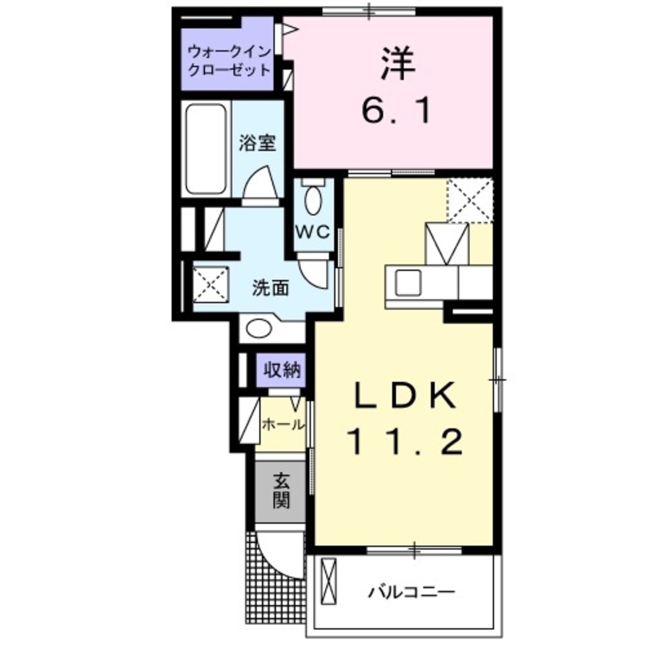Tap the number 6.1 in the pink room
click(395, 114)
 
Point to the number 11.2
click(405, 442)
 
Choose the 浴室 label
click(257, 143)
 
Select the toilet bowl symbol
click(314, 200)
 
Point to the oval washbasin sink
click(260, 329)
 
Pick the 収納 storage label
click(282, 370)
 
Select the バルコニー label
click(413, 591)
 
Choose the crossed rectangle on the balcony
click(329, 582)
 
